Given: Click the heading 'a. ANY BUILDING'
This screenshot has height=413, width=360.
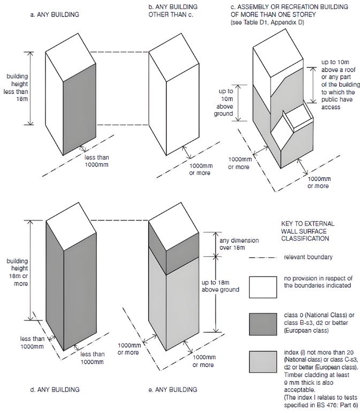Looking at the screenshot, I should point(55,14).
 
